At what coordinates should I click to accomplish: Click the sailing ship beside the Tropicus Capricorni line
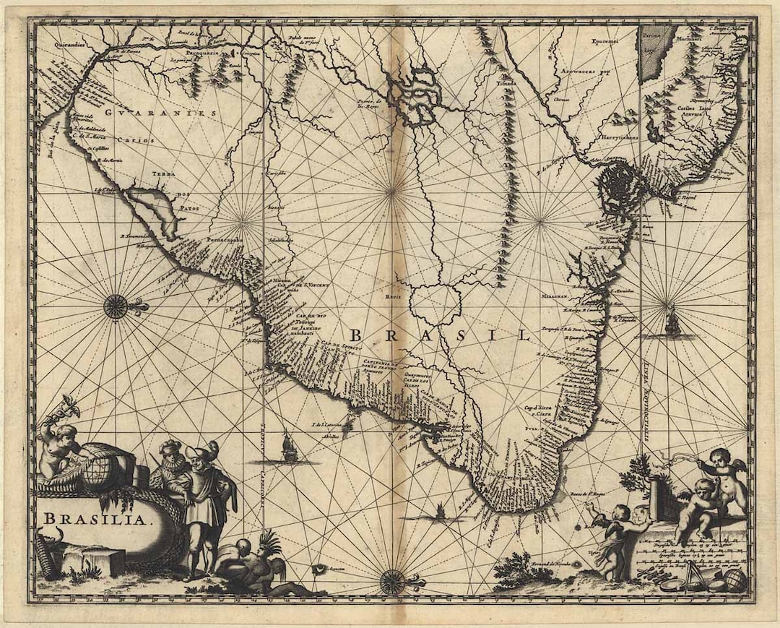(x=289, y=447)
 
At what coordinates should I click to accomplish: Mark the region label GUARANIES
(x=160, y=113)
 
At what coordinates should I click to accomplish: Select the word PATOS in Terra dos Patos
(x=183, y=208)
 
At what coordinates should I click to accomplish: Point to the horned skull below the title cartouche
(x=52, y=537)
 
